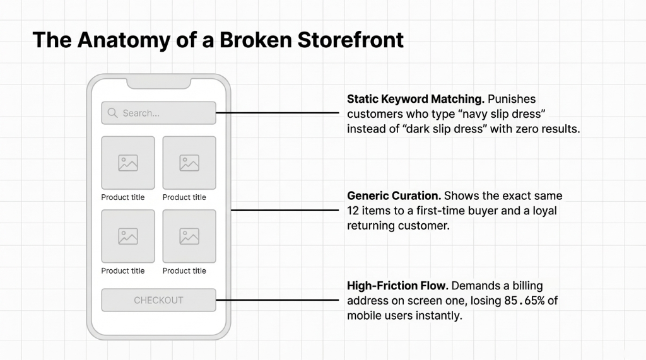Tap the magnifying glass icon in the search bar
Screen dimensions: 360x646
[112, 113]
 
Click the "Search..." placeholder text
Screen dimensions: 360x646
[141, 113]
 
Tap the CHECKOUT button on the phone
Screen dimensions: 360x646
[158, 300]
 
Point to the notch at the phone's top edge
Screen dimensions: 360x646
[158, 82]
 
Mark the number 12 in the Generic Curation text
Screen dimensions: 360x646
[353, 211]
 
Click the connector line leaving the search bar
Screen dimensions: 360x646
[278, 113]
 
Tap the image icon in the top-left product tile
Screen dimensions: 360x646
[128, 163]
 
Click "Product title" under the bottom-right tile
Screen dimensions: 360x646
[184, 271]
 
